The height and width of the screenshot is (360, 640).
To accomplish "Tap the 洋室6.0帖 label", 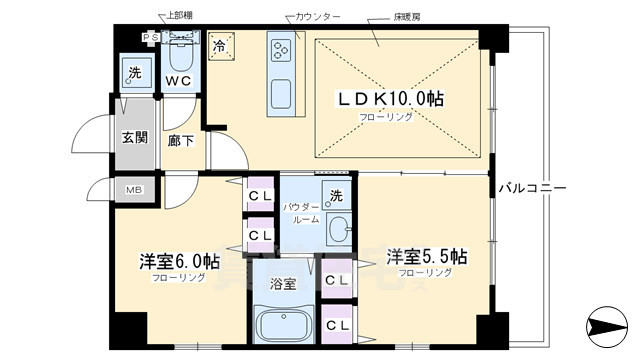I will tap(179, 262).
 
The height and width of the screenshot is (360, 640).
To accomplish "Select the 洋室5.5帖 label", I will tap(426, 256).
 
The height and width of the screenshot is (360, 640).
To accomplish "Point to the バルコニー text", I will tap(533, 187).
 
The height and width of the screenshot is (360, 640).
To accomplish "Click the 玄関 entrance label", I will tap(135, 139).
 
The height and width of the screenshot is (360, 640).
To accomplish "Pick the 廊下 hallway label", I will tap(181, 142).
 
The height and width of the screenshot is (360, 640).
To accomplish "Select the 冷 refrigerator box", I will tap(220, 44).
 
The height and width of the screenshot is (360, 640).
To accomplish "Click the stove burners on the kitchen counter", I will tap(279, 47).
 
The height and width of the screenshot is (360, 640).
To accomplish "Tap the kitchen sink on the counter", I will tap(280, 96).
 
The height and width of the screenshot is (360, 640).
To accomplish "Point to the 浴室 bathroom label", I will tap(282, 283).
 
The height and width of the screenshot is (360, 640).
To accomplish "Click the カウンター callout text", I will tap(318, 17).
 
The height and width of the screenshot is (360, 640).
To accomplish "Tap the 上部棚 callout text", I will tap(181, 17).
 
